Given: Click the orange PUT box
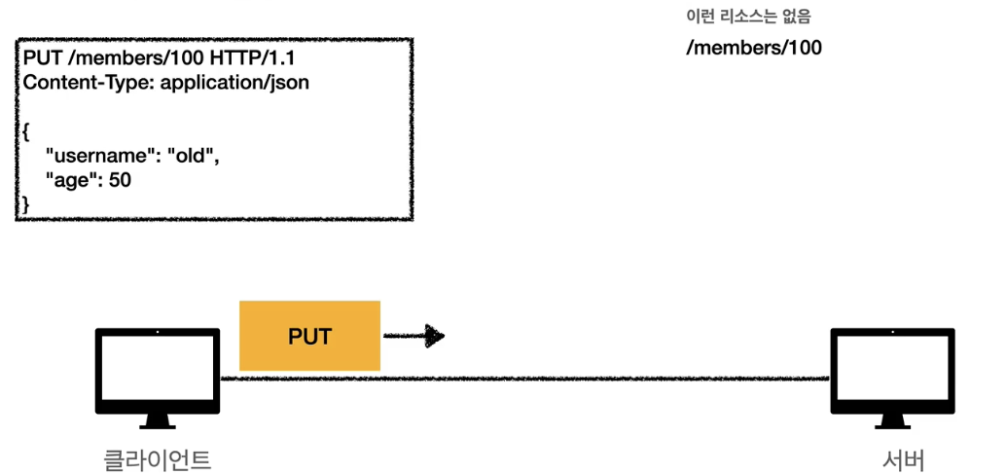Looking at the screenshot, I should [309, 336].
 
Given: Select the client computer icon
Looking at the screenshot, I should [158, 375].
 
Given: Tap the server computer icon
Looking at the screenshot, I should [892, 375].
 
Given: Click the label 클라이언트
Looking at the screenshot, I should [158, 458].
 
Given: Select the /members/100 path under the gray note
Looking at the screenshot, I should [753, 47].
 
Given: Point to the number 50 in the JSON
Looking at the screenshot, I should [120, 179].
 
